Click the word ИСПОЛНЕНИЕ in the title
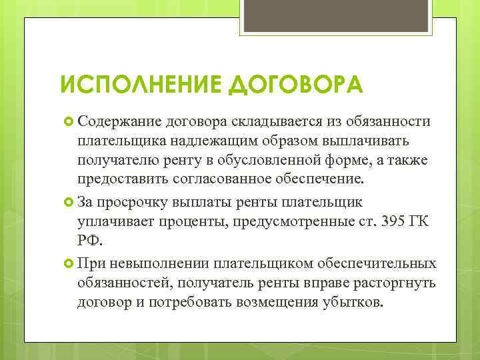pyautogui.click(x=135, y=85)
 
